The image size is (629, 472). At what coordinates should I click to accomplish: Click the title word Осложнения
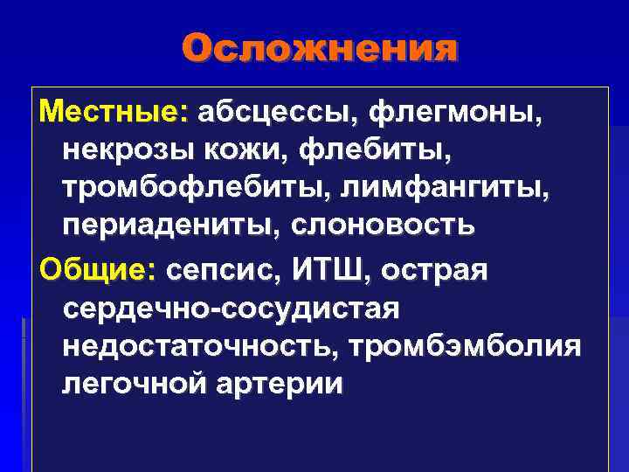[321, 49]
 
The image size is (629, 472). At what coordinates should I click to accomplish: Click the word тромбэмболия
[464, 346]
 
